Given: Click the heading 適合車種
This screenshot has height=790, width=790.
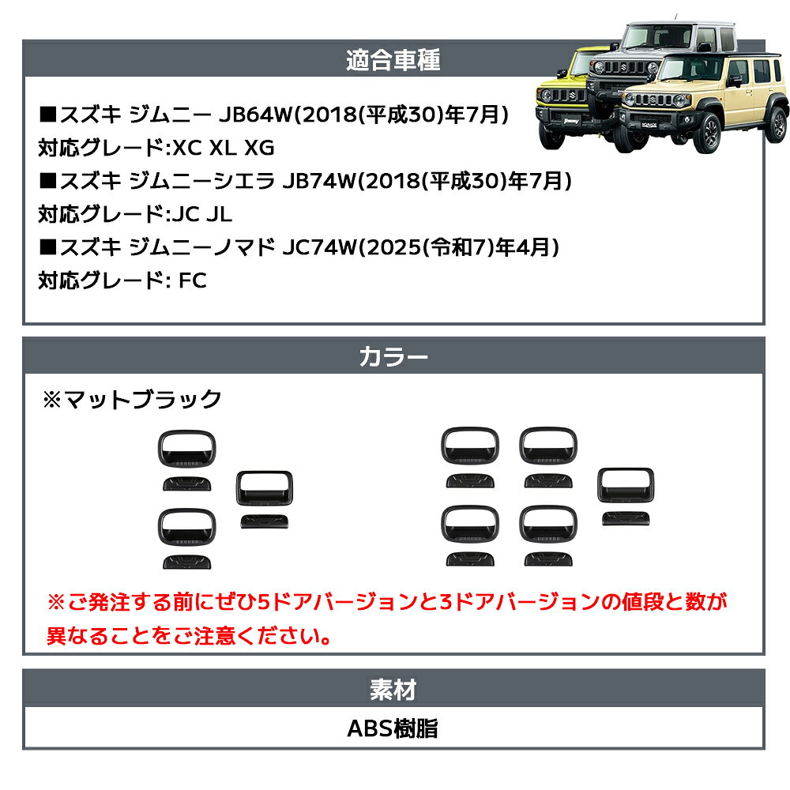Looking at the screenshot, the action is pos(393,60).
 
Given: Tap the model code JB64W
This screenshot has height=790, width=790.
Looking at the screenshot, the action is pos(256,115).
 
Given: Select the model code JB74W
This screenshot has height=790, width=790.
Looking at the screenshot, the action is pos(319,181).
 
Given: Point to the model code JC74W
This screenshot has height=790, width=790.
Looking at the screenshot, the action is pos(319,247).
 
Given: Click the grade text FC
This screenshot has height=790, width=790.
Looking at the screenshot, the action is pos(193,280).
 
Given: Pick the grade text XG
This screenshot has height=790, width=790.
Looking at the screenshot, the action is pos(260,149).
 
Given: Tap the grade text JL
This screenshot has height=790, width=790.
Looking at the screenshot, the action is pos(219,215).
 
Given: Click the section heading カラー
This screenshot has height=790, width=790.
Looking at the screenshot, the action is pos(393,357).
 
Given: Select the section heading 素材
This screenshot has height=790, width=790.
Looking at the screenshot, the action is pos(393,689).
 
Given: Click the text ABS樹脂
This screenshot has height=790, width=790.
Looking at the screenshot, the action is pos(393,728).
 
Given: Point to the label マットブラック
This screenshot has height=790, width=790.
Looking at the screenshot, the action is pos(143,399).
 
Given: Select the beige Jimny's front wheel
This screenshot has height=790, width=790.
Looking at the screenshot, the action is pos(707,134).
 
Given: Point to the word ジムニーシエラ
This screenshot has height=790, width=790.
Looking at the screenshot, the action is pos(201,181).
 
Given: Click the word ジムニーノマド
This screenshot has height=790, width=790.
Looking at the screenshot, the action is pos(201,247).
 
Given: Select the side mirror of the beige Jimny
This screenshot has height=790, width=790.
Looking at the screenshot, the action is pos(735,81).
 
